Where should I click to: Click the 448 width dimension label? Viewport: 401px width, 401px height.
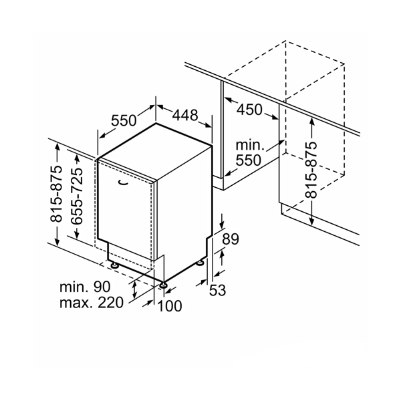pos(185,115)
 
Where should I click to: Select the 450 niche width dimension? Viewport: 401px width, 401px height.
pos(249,110)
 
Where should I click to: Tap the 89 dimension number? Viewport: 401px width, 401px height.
pos(230,239)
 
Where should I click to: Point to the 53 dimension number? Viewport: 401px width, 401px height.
pos(217,290)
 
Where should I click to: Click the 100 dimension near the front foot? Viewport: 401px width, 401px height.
pos(170,305)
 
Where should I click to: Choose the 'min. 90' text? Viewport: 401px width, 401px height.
pos(85,287)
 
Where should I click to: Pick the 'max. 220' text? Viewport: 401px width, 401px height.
pos(92,303)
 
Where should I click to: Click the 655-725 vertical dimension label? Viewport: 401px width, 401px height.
pos(77,196)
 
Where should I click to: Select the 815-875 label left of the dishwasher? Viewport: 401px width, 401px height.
pos(56,194)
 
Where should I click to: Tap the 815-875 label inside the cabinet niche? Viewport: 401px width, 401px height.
pos(311,170)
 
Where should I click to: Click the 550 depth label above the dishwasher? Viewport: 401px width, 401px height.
pos(124,120)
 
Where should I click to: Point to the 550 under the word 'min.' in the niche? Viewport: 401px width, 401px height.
pos(248,160)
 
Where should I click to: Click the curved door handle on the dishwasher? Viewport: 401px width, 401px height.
pos(124,182)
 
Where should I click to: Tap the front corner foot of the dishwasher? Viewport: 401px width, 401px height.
pos(163,285)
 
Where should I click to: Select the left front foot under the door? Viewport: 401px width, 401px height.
pos(114,265)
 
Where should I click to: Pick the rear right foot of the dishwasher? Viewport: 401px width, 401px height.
pos(200,263)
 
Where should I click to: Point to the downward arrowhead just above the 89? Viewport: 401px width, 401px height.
pos(222,224)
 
